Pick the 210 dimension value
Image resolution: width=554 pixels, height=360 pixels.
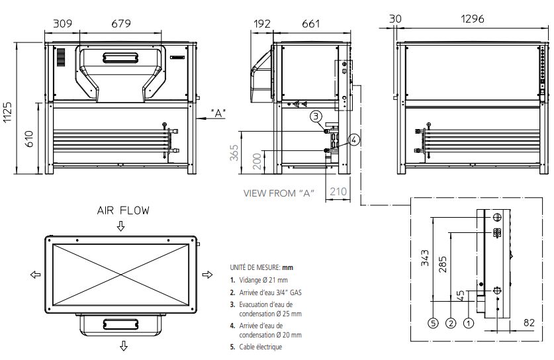click(338, 192)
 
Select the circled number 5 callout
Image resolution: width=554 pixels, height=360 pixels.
click(432, 324)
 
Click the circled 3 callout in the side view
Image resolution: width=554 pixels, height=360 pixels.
click(317, 116)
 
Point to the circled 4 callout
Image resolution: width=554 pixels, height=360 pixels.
click(354, 140)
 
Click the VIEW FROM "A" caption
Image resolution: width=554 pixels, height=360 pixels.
click(278, 193)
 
